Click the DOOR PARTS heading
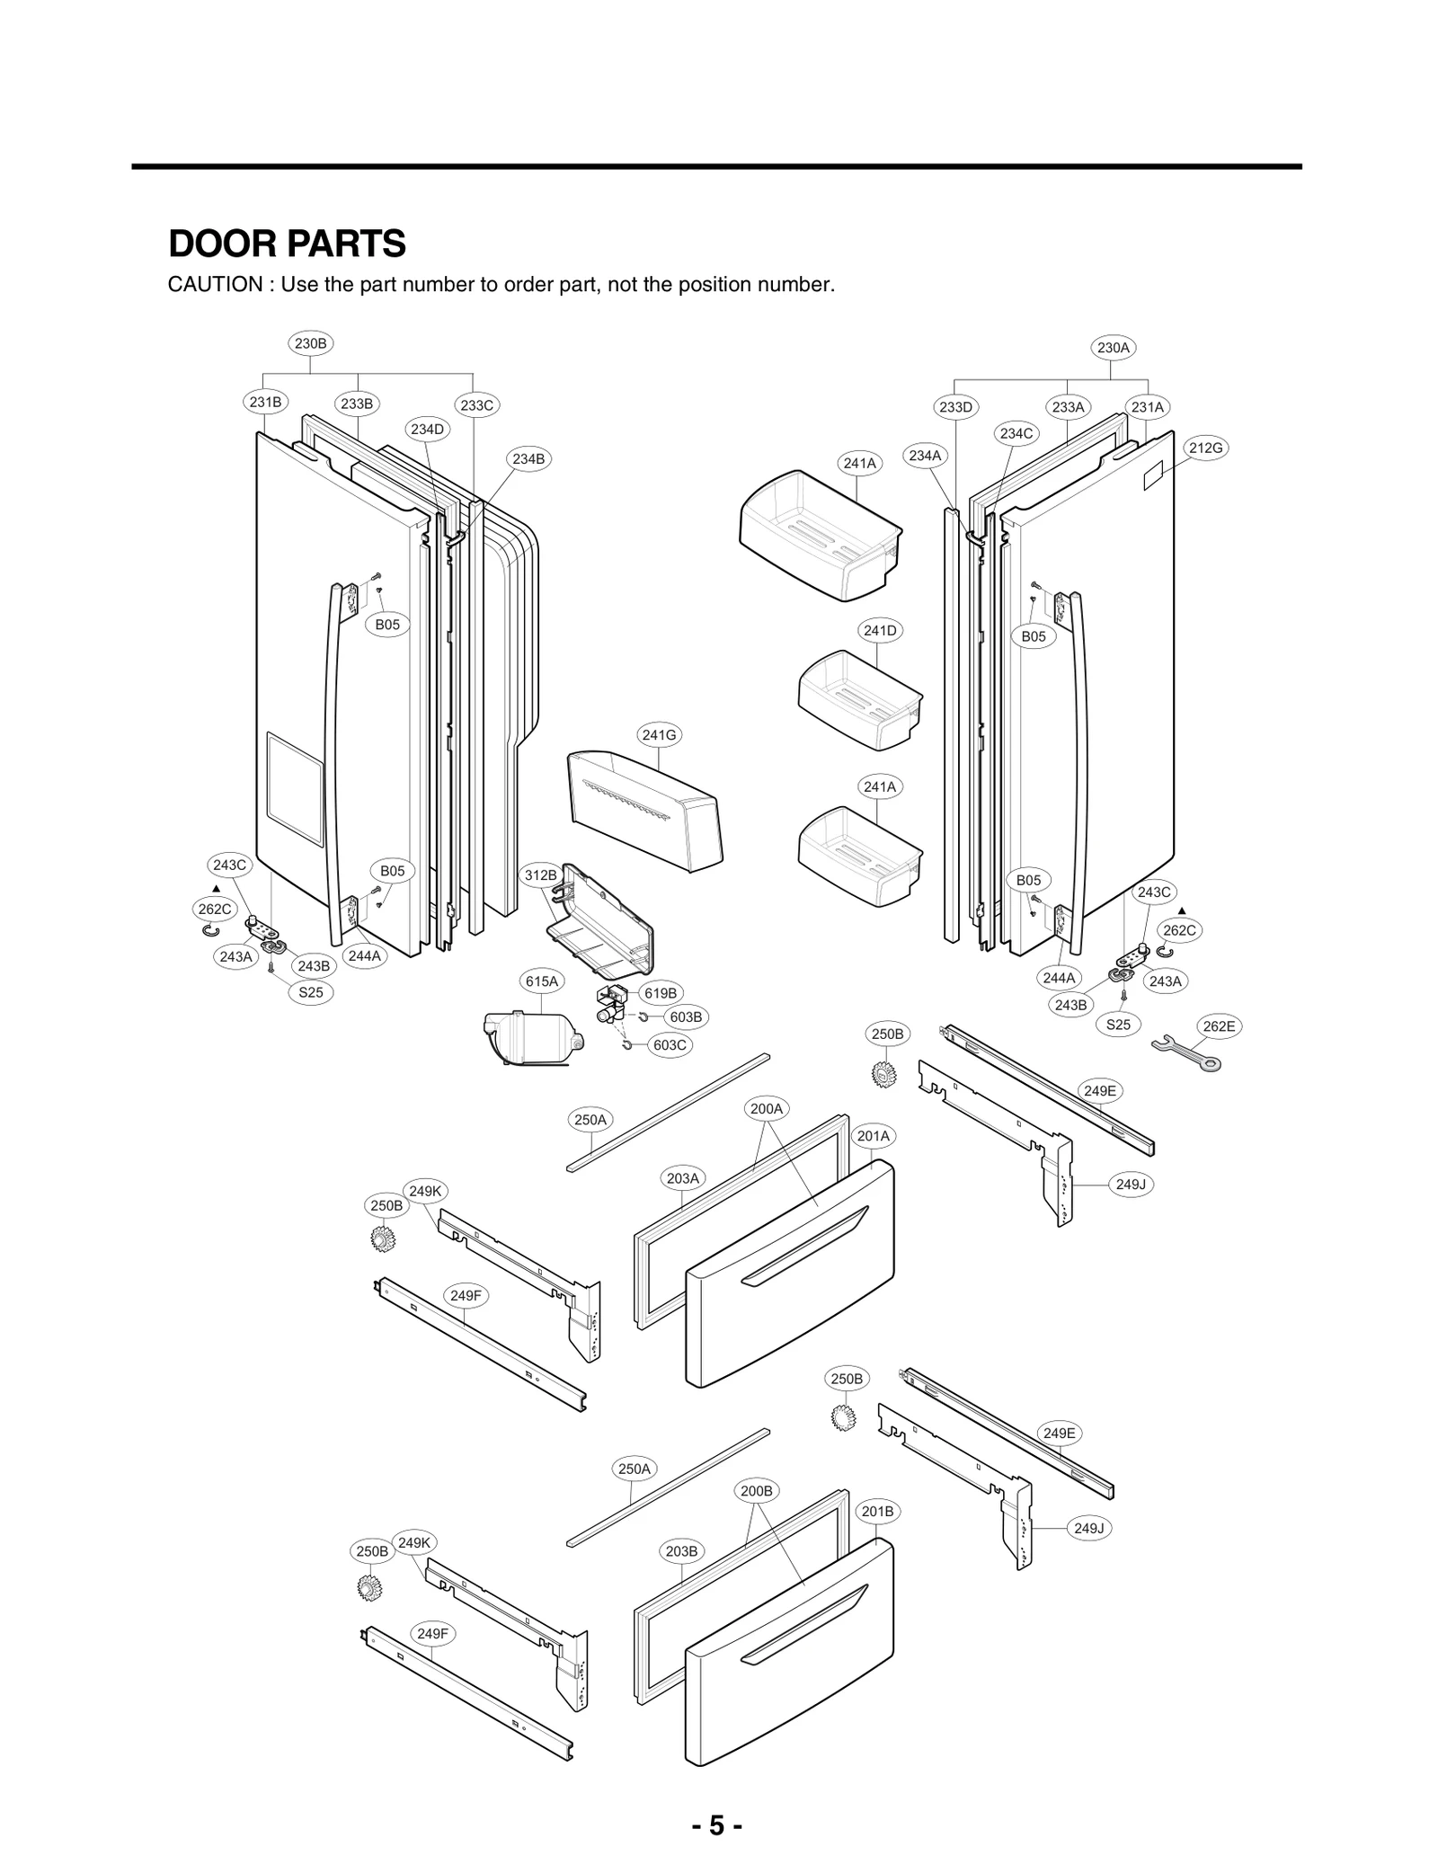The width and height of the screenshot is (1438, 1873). (287, 244)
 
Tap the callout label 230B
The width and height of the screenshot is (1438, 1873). (311, 342)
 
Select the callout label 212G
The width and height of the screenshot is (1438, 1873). (1205, 448)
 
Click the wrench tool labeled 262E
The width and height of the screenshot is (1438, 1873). (1186, 1053)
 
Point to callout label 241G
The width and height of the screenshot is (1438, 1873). (659, 734)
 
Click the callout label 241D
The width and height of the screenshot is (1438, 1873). (880, 630)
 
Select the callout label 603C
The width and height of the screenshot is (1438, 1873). (670, 1045)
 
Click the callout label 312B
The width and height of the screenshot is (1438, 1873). (541, 874)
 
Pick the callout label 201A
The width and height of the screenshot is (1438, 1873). (873, 1136)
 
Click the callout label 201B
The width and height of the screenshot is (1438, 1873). (877, 1511)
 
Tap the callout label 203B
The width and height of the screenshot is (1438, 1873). (681, 1550)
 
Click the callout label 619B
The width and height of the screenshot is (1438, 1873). (661, 993)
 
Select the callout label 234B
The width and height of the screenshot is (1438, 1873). (528, 458)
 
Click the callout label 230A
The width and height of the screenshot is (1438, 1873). (1113, 347)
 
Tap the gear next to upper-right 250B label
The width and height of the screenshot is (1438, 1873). (885, 1073)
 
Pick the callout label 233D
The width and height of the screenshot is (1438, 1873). (955, 407)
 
